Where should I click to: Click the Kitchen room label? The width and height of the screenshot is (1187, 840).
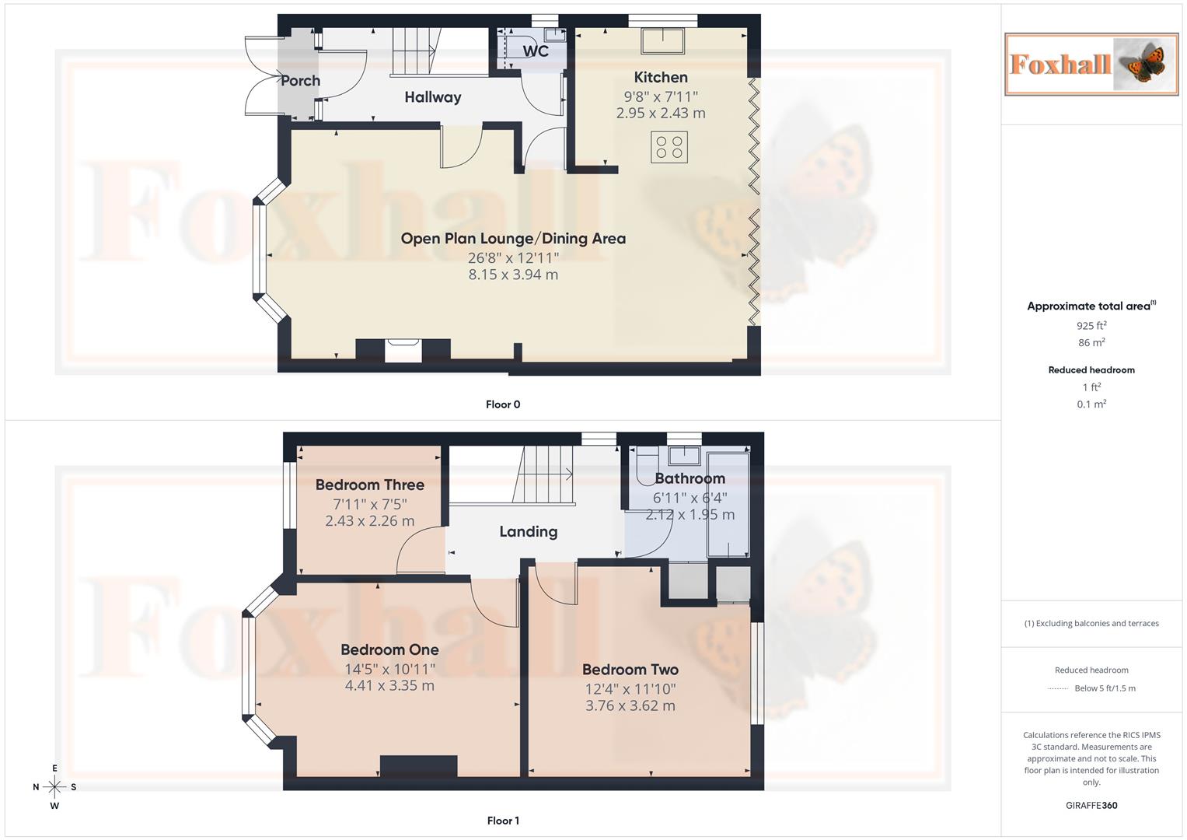661,78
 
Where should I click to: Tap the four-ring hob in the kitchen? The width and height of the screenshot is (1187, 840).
669,147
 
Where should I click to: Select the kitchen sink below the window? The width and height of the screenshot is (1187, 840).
662,40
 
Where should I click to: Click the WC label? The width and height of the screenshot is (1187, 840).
536,51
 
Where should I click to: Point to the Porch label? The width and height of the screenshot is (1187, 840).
301,81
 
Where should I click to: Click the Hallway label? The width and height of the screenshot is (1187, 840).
432,97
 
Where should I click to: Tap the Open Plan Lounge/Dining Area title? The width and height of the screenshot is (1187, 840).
513,239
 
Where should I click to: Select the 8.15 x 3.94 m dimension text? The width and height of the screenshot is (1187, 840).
513,275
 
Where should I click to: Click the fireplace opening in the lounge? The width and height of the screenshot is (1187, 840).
403,352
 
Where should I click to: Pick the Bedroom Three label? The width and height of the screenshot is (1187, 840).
370,485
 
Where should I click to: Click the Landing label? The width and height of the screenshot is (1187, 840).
529,532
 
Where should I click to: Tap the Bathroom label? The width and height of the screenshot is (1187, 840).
690,478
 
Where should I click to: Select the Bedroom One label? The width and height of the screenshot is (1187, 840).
389,649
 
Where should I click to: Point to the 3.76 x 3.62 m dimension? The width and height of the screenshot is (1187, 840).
630,706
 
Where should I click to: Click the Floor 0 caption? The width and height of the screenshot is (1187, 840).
503,404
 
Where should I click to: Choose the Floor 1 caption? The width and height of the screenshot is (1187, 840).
503,821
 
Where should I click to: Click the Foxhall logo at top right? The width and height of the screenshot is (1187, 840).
1091,64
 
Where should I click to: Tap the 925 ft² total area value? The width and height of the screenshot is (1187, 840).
1091,326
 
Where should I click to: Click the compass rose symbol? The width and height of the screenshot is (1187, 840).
54,787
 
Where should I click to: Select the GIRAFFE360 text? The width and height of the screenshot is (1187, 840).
1091,806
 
